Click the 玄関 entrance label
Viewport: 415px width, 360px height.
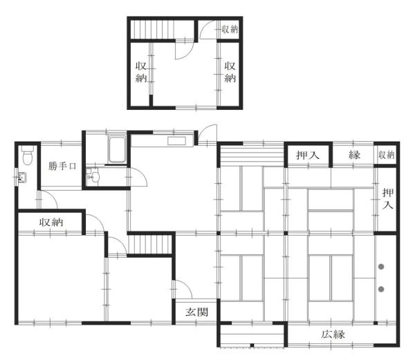point(196,312)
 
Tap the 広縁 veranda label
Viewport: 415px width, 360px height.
point(333,334)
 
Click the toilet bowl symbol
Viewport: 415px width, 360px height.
point(26,155)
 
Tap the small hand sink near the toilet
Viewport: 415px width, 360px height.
point(21,180)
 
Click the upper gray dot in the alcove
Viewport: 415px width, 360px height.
point(381,266)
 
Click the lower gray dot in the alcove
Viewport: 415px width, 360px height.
point(381,288)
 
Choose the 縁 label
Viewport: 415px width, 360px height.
point(354,155)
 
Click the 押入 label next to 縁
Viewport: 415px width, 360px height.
point(308,155)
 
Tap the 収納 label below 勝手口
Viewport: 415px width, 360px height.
point(52,222)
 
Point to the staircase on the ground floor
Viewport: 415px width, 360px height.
point(149,245)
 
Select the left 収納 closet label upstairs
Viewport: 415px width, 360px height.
point(140,72)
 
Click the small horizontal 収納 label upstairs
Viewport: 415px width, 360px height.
point(230,29)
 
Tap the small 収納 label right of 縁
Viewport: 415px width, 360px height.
point(386,155)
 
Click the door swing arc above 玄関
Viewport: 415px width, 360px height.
point(181,289)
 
